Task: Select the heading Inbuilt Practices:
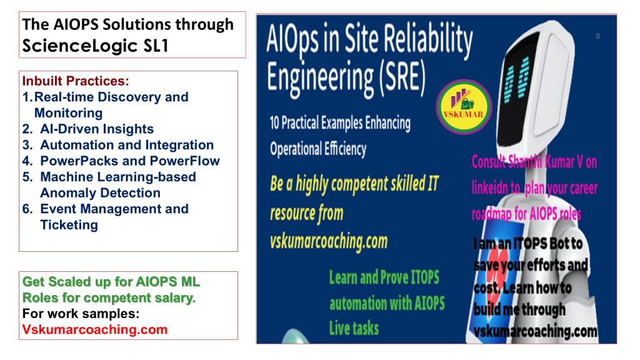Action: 76,81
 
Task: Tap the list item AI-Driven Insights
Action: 97,129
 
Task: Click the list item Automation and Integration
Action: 127,145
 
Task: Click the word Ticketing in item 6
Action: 69,225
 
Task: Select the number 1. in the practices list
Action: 27,97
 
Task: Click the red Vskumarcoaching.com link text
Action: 95,330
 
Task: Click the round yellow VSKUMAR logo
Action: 464,107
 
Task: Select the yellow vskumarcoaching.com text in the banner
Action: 329,242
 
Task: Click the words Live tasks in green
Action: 354,328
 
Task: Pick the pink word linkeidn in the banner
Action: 496,188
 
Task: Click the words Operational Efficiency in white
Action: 318,149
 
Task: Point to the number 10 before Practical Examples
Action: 274,123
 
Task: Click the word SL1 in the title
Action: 156,46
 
